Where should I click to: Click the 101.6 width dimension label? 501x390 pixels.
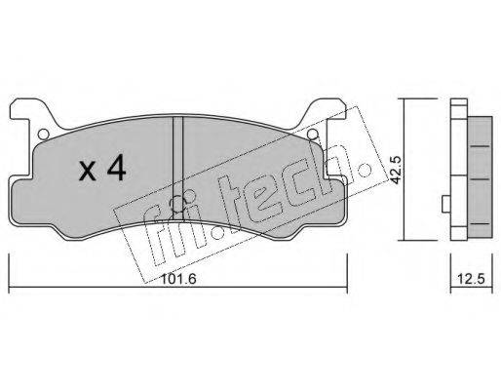(x=178, y=279)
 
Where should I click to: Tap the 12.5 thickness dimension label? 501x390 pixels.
(x=471, y=279)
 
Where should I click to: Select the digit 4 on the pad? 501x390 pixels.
(x=117, y=168)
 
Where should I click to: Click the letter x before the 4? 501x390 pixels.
(x=88, y=172)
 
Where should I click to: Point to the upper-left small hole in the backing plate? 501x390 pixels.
(x=43, y=134)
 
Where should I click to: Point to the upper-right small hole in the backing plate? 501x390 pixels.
(x=312, y=134)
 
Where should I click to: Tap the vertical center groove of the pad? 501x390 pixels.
(x=177, y=168)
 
